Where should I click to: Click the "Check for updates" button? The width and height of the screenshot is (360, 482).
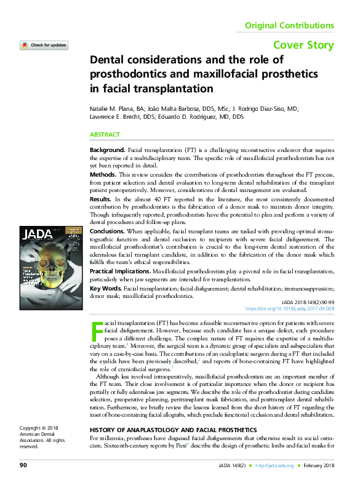click(44, 46)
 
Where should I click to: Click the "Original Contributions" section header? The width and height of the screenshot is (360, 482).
click(289, 26)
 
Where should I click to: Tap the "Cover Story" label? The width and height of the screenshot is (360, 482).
click(303, 45)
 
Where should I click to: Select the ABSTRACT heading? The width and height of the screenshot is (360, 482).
click(105, 134)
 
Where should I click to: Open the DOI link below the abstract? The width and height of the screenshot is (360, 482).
click(290, 309)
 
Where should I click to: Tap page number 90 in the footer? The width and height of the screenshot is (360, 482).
click(23, 464)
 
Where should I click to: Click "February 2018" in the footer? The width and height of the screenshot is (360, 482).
click(319, 464)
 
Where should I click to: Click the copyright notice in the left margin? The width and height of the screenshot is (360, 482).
click(38, 436)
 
